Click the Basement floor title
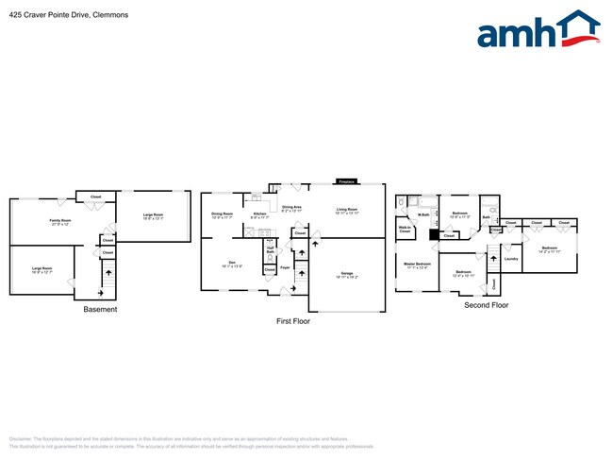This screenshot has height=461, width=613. pyautogui.click(x=100, y=309)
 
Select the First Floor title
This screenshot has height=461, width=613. pyautogui.click(x=292, y=321)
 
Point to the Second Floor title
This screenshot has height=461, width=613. pyautogui.click(x=486, y=305)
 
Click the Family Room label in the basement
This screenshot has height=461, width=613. pyautogui.click(x=60, y=222)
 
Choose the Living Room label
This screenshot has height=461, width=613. pyautogui.click(x=346, y=211)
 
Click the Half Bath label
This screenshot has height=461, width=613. pyautogui.click(x=270, y=250)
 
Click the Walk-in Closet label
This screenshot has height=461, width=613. pyautogui.click(x=404, y=229)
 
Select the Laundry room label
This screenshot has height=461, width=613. pyautogui.click(x=511, y=258)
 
